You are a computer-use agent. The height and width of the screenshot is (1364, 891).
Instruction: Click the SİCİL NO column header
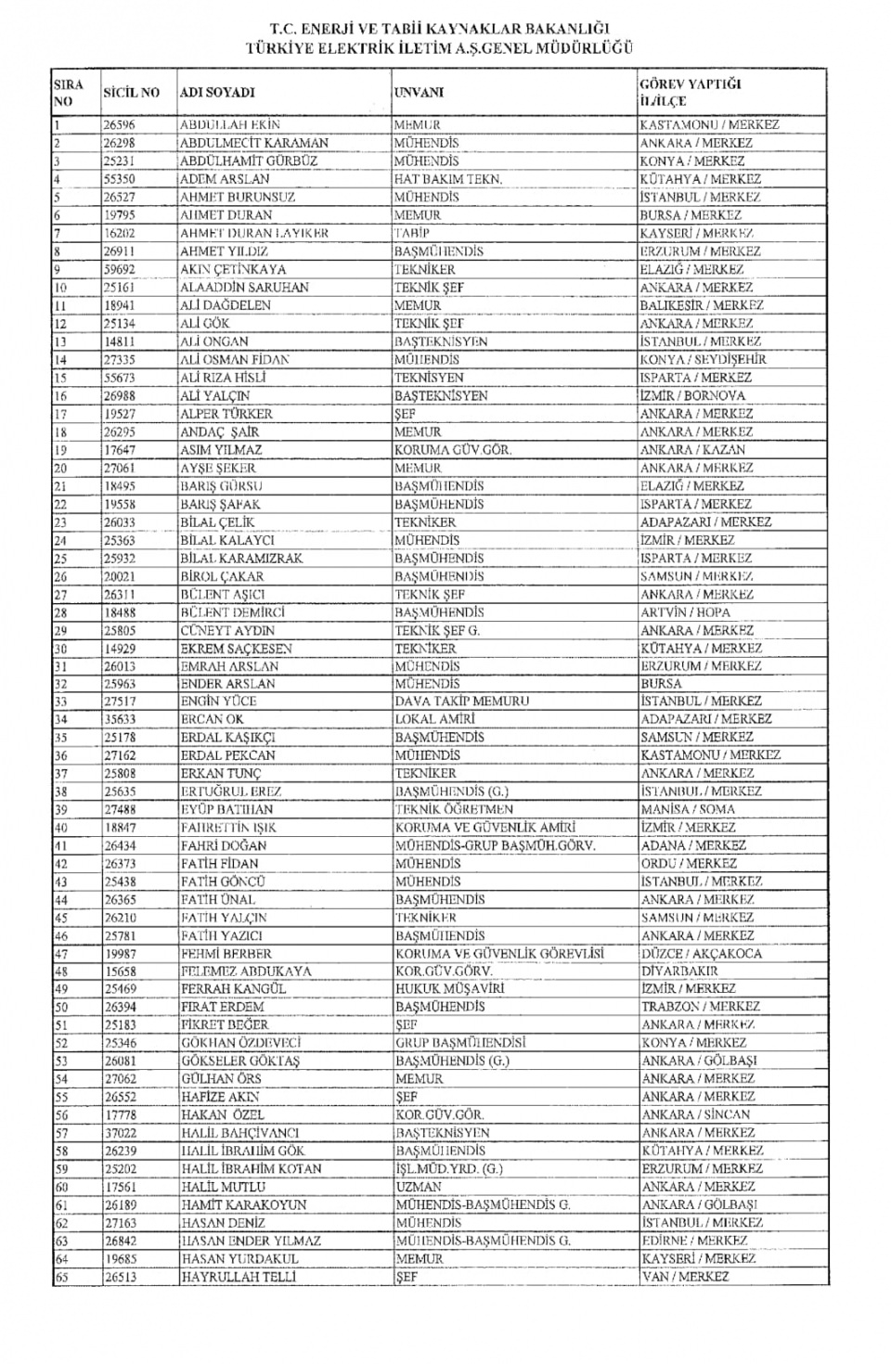[131, 93]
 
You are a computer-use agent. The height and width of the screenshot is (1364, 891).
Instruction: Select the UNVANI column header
[419, 93]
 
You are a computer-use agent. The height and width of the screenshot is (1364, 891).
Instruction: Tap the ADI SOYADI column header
[216, 93]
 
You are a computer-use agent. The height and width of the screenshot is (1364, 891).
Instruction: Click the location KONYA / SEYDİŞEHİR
[703, 360]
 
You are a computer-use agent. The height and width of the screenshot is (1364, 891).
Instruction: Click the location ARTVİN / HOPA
[685, 612]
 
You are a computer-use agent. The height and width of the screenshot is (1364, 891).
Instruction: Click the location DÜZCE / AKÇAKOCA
[701, 954]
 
